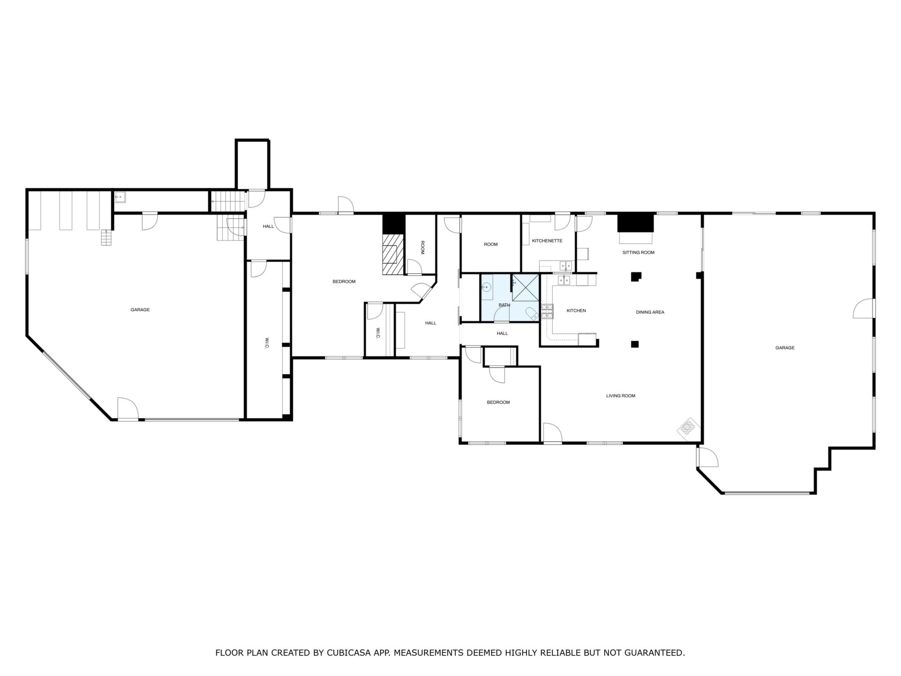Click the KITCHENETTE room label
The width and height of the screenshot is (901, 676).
(x=547, y=241)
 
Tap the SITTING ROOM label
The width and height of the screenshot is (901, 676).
(x=638, y=253)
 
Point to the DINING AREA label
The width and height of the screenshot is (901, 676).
(x=650, y=312)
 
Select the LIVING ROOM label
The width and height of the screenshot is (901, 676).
(x=620, y=396)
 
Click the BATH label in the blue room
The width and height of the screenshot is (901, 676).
(x=504, y=305)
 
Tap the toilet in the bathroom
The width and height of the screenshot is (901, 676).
(x=532, y=314)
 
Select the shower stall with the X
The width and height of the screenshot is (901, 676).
(x=525, y=287)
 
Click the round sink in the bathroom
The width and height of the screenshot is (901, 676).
(x=486, y=287)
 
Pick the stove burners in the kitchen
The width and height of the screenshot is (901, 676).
(x=547, y=311)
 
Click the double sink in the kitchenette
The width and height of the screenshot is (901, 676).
(x=566, y=265)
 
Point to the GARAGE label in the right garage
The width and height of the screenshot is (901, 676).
(x=785, y=348)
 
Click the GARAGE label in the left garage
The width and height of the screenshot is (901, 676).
(x=140, y=310)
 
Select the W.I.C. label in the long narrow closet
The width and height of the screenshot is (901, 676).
(x=267, y=343)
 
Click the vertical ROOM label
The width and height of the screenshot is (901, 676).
(x=422, y=247)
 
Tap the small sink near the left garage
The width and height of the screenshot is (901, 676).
(x=119, y=197)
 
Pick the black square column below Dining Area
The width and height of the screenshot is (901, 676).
(x=635, y=344)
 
